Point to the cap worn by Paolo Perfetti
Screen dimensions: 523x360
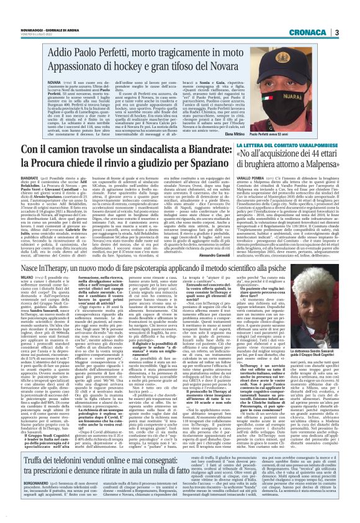click(309, 65)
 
